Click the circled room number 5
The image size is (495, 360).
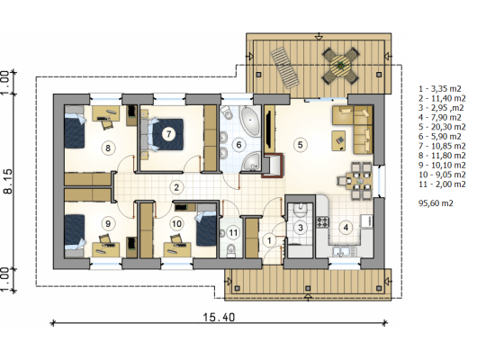coord(300,145)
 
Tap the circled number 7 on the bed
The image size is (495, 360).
coord(168,134)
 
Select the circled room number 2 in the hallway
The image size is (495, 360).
coord(176,187)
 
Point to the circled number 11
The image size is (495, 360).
coord(233,233)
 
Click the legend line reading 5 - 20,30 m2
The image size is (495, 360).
coord(442,127)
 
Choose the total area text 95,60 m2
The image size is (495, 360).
coord(436,203)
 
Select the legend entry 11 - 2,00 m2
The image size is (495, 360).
coord(442,184)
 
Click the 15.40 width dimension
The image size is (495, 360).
coord(219,317)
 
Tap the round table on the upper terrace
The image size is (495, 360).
coord(340,66)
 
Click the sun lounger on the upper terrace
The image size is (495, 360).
coord(285,67)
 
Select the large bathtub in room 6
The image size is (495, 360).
coord(250,121)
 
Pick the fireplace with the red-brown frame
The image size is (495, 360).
coord(273,166)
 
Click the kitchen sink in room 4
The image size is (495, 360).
coord(341,251)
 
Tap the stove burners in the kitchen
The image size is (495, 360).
coord(322,221)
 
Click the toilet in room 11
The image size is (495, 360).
coord(231,250)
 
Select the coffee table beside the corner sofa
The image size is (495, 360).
coord(338,140)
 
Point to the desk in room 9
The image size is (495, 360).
coord(106,249)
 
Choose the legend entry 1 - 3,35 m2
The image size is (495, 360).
coord(440,89)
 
